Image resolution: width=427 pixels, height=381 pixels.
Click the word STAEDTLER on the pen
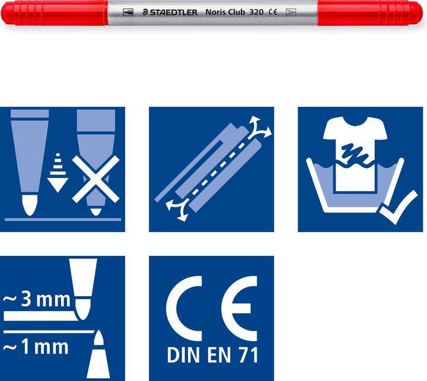coord(173,12)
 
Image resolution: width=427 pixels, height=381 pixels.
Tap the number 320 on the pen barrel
coord(256,12)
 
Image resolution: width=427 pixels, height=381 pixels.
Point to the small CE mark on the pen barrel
coord(273,12)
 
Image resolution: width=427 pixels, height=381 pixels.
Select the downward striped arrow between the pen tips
coord(58,172)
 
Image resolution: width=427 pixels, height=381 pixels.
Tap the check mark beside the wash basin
coord(394,209)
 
